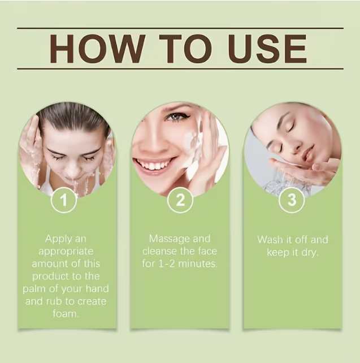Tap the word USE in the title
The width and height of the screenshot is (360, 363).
[267, 49]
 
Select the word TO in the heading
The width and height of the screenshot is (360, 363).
[186, 49]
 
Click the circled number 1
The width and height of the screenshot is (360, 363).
[64, 200]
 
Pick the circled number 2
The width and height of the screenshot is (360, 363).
[180, 200]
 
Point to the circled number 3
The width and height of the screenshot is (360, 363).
[292, 200]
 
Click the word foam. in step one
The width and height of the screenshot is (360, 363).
[66, 314]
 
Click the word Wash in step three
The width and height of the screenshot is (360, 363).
[270, 240]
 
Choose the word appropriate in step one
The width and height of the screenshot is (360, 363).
[66, 252]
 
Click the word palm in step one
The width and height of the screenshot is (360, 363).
[33, 289]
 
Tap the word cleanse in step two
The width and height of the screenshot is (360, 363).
[158, 252]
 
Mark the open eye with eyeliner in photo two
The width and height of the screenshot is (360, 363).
[177, 116]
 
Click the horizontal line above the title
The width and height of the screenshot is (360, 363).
[180, 28]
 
